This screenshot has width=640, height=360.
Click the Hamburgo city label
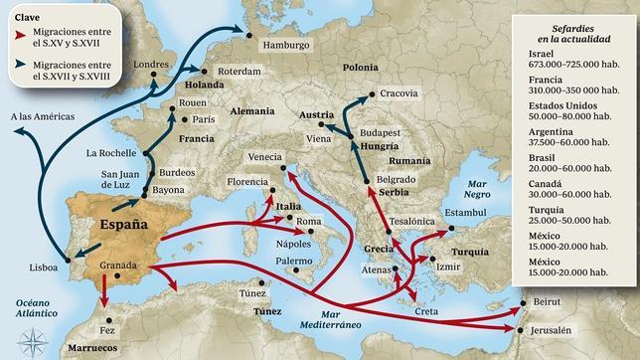(285, 46)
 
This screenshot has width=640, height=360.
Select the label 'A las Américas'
(43, 116)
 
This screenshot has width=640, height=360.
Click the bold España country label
(123, 225)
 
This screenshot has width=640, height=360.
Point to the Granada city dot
(118, 275)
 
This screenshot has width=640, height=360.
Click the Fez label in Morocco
(108, 329)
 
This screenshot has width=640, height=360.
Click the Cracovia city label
(400, 93)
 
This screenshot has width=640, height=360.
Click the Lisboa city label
(43, 268)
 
